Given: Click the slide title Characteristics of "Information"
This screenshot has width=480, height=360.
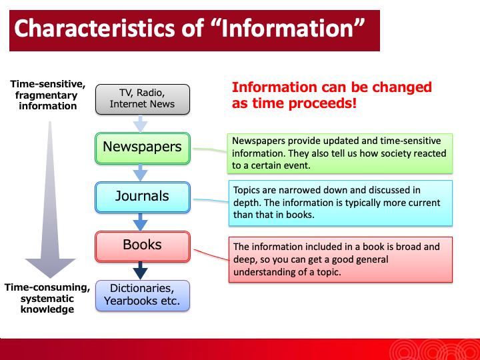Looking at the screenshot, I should point(190,29).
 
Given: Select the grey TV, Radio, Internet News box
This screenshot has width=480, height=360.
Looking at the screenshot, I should point(142,98).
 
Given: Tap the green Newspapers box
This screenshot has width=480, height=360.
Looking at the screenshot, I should point(142,147).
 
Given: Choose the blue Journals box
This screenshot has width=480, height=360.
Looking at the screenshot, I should point(142,197).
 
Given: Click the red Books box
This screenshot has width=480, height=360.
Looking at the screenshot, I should point(142,245).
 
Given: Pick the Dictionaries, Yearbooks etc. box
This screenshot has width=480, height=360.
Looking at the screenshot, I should point(142,295).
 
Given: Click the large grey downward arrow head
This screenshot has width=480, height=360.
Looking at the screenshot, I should point(51,267).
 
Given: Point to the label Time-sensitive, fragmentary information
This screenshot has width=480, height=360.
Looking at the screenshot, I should point(47,95).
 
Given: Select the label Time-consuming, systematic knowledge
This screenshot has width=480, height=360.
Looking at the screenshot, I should point(47,298).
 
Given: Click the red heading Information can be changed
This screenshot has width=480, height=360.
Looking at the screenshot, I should point(331,95).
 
